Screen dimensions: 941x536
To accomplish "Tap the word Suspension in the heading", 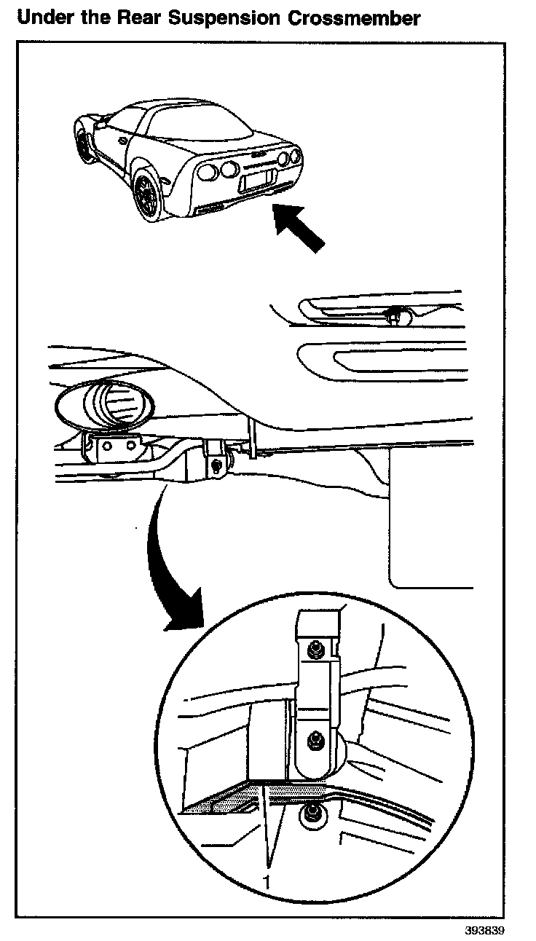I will (x=224, y=18).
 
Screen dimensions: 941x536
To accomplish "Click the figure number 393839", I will (x=484, y=930).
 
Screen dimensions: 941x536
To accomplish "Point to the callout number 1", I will (x=267, y=882).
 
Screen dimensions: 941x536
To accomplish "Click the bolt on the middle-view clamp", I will (x=216, y=464).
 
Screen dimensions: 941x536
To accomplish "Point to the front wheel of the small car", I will (x=84, y=143).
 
